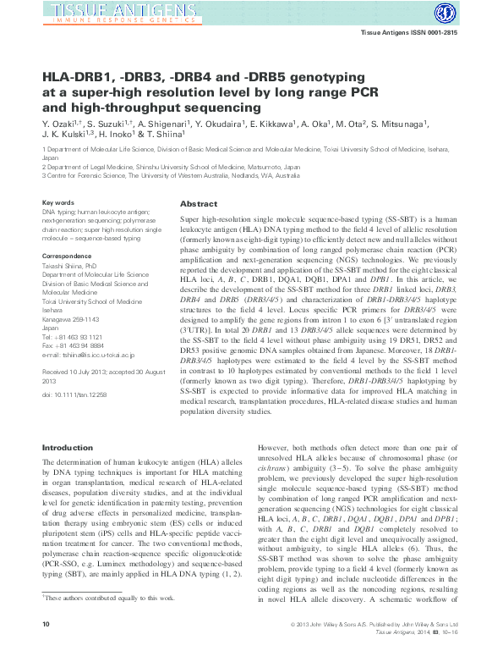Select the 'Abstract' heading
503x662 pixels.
coord(200,204)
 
